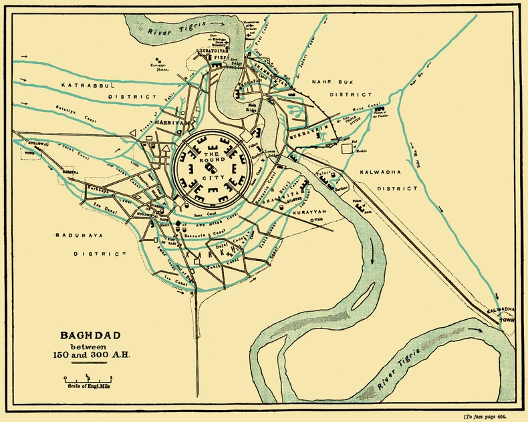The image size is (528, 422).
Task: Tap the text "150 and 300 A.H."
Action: pos(91,355)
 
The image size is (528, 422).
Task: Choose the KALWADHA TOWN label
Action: pos(503,314)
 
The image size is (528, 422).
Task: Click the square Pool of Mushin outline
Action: pos(347,149)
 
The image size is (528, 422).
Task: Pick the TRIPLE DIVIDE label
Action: pos(355,120)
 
